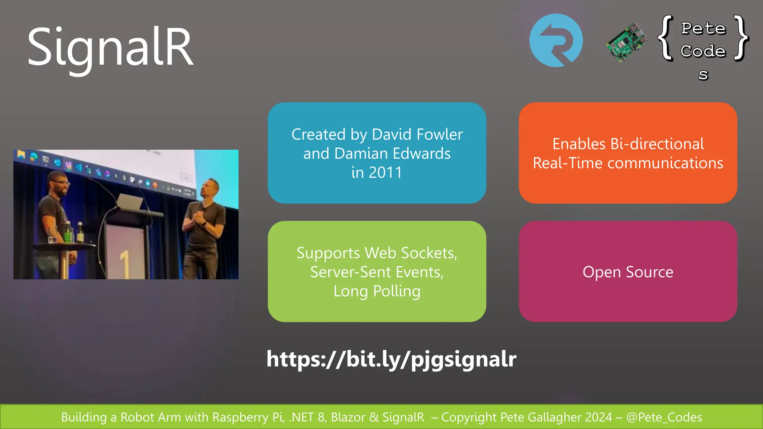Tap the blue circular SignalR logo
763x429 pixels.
click(556, 41)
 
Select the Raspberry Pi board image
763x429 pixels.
click(627, 42)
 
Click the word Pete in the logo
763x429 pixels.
click(703, 29)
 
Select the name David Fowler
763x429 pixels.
click(417, 134)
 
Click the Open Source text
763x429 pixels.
click(628, 272)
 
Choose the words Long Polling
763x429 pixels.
click(377, 291)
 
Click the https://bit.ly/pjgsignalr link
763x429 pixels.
click(391, 359)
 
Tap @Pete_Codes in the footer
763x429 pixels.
click(664, 417)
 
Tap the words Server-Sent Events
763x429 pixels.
click(377, 272)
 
